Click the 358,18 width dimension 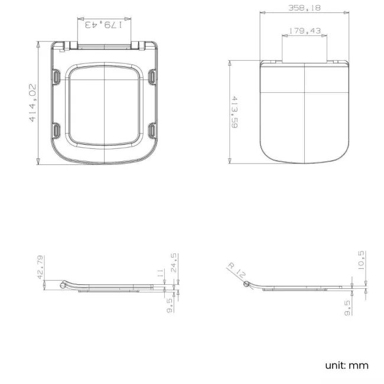pyautogui.click(x=304, y=8)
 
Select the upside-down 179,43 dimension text pyautogui.click(x=104, y=25)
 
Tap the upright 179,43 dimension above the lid pyautogui.click(x=304, y=31)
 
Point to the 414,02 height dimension pyautogui.click(x=32, y=103)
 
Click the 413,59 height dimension pyautogui.click(x=235, y=113)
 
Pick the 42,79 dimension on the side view pyautogui.click(x=40, y=266)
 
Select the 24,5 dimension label pyautogui.click(x=175, y=264)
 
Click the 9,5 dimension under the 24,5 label pyautogui.click(x=170, y=305)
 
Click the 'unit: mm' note pyautogui.click(x=347, y=365)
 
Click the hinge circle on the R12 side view pyautogui.click(x=247, y=285)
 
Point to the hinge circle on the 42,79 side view pyautogui.click(x=64, y=285)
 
